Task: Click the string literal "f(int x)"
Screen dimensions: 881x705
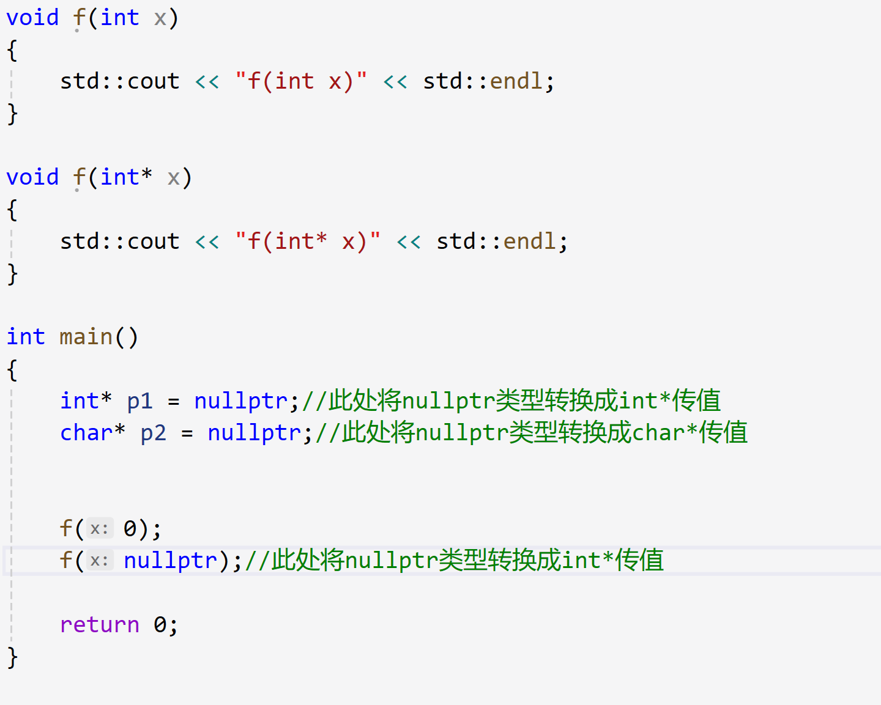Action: tap(301, 81)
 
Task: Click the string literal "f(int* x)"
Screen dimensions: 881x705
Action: tap(308, 242)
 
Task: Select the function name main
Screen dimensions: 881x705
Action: tap(86, 337)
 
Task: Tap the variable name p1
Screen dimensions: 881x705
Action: tap(139, 401)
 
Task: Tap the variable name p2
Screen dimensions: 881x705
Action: tap(153, 433)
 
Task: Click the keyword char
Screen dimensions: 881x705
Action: tap(86, 433)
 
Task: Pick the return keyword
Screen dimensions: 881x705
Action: tap(100, 625)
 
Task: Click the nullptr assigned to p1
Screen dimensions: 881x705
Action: tap(240, 401)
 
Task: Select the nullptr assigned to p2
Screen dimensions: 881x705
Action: tap(254, 433)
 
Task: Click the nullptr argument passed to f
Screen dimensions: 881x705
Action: tap(170, 561)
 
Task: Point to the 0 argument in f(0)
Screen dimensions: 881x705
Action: tap(130, 529)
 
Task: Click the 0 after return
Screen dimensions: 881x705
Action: tap(160, 625)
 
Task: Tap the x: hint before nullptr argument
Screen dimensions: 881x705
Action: tap(99, 561)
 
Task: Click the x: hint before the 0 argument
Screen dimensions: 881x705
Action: tap(99, 529)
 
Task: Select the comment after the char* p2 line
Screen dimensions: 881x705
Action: tap(531, 433)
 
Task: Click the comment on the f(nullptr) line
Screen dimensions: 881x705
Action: tap(454, 561)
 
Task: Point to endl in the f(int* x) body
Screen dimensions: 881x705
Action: tap(529, 242)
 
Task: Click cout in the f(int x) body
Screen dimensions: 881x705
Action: tap(153, 81)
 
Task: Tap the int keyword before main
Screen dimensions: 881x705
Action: tap(26, 337)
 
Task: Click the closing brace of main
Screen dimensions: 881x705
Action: tap(12, 658)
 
